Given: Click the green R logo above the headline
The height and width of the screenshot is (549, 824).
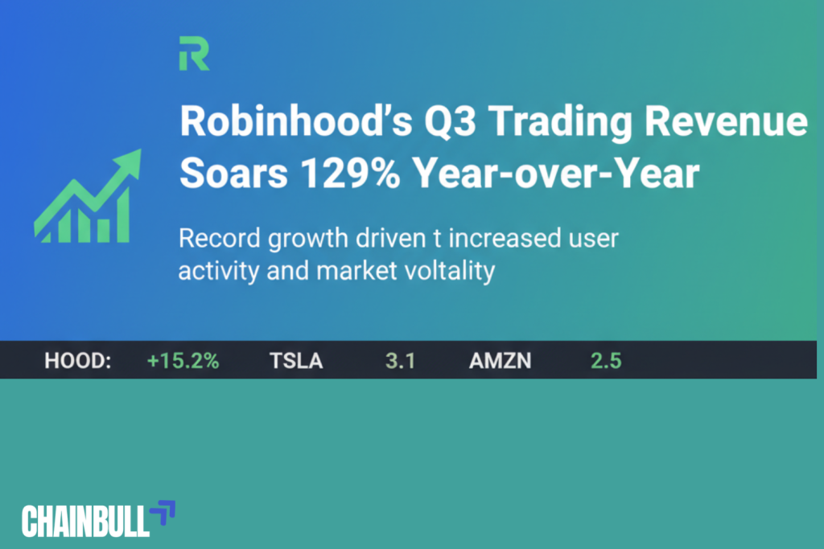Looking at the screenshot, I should pyautogui.click(x=194, y=54).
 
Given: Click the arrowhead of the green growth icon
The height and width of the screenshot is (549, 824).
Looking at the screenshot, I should pyautogui.click(x=129, y=161).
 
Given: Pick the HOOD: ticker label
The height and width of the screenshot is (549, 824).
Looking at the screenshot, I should pyautogui.click(x=77, y=361).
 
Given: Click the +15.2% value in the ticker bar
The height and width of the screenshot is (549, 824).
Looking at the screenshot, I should pyautogui.click(x=183, y=361).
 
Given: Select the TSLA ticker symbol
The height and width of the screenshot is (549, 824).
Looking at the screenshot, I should pyautogui.click(x=296, y=361).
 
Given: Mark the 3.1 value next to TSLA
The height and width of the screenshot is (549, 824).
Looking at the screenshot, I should pyautogui.click(x=400, y=361).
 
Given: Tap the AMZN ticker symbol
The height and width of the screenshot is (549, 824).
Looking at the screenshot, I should pyautogui.click(x=500, y=361).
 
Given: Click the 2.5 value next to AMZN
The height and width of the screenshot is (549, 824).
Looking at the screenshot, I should pyautogui.click(x=606, y=361).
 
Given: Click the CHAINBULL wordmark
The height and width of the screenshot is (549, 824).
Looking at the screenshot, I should pyautogui.click(x=86, y=521).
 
